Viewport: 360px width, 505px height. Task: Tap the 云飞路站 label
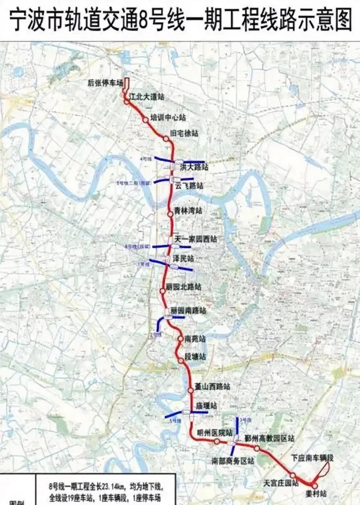[x=189, y=186]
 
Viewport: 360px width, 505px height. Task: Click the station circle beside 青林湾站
[x=170, y=214]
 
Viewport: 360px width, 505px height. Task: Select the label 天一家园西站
[x=196, y=239]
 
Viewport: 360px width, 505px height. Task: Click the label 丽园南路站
[x=188, y=311]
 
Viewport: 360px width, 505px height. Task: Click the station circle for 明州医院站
[x=217, y=441]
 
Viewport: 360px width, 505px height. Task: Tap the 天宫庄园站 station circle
[x=293, y=475]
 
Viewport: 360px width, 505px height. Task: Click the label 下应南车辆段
[x=313, y=458]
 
